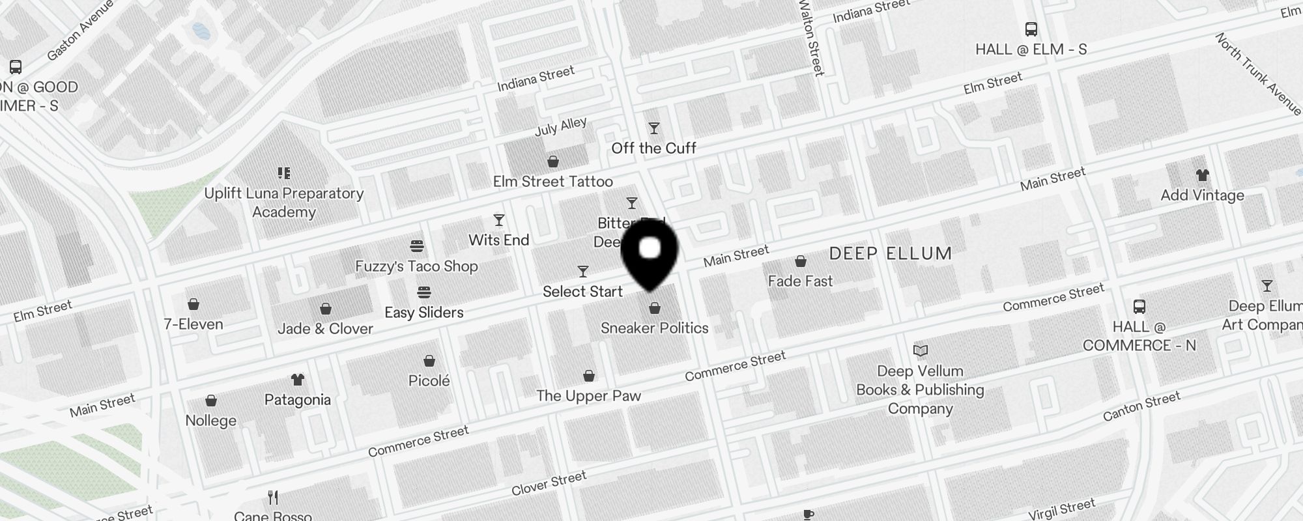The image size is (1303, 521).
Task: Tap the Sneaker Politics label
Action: (654, 328)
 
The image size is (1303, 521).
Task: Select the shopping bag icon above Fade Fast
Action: (800, 261)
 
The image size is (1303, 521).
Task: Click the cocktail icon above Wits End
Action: (499, 220)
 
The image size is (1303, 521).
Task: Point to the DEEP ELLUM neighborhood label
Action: (890, 253)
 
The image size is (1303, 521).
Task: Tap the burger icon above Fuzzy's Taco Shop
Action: (417, 246)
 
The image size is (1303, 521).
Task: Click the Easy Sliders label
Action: (423, 313)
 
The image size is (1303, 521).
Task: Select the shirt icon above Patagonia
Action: (298, 380)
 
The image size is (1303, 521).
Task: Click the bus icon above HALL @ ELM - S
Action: (1031, 29)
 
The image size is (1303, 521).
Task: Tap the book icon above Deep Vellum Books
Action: (920, 351)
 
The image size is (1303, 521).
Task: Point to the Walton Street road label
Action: (811, 37)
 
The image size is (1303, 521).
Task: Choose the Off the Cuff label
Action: (653, 148)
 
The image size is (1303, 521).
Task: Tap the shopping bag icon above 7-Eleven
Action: (193, 304)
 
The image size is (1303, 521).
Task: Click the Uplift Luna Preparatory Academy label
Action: (283, 203)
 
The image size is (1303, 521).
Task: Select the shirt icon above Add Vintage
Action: (1202, 175)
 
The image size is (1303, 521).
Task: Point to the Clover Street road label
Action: (549, 483)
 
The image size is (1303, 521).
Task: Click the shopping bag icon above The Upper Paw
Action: (589, 376)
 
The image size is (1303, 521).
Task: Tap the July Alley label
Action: (560, 126)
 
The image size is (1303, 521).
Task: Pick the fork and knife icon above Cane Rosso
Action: (273, 498)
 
